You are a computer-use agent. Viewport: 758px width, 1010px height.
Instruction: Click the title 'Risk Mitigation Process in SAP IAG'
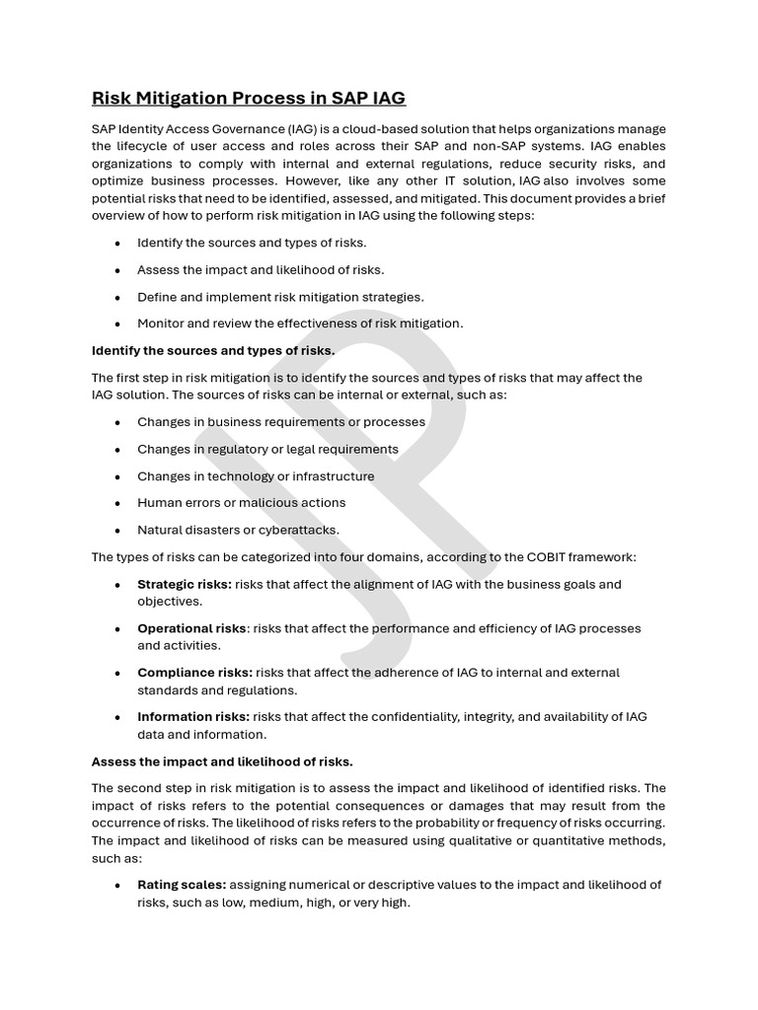(x=248, y=98)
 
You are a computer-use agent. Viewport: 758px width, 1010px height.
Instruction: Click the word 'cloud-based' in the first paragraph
(x=354, y=129)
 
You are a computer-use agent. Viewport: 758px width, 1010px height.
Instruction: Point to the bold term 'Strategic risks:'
(x=185, y=584)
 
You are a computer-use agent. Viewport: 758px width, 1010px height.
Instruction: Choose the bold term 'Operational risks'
(x=191, y=628)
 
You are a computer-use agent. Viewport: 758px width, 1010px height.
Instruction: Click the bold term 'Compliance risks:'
(x=194, y=673)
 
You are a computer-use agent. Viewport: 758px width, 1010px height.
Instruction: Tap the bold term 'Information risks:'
(x=194, y=717)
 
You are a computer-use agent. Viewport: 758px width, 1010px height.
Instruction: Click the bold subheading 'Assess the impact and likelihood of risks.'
(x=222, y=761)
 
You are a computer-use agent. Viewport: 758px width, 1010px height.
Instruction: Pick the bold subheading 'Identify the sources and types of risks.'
(x=213, y=350)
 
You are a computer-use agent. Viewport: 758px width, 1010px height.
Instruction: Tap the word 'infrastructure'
(x=333, y=476)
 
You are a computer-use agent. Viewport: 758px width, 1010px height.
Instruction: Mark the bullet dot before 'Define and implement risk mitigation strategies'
(x=117, y=297)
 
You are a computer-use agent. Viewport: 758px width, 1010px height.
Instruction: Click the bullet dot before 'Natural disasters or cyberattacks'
(x=117, y=531)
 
